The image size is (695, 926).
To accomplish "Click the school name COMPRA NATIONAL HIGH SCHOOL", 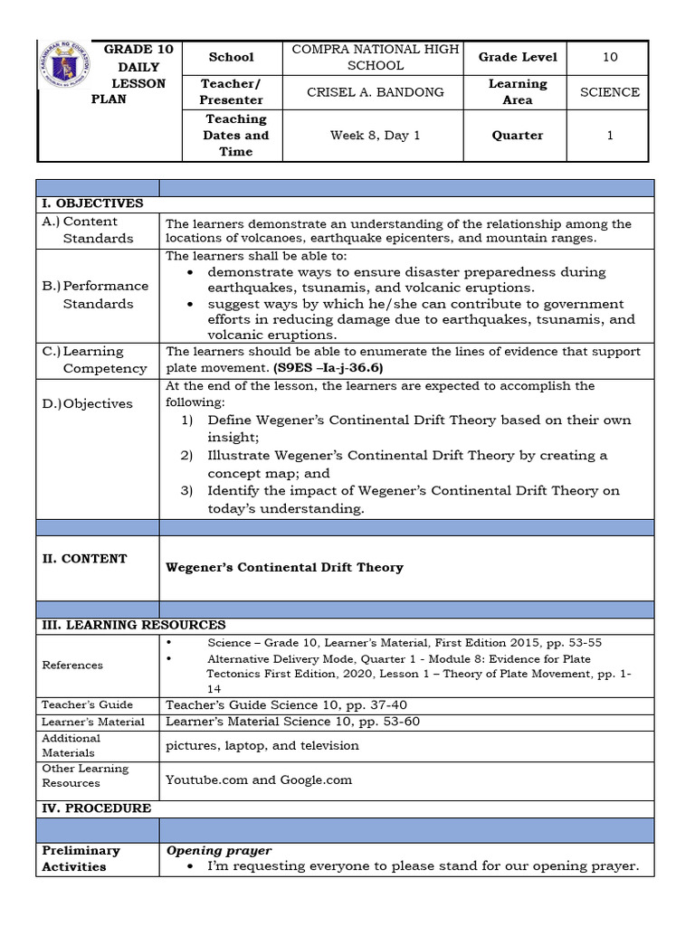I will tap(376, 57).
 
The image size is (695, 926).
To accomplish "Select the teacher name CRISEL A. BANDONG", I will tap(376, 92).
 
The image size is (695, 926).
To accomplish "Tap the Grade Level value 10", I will tap(610, 57).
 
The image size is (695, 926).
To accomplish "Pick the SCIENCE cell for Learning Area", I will tap(610, 92).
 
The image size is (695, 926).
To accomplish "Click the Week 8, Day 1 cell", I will tap(376, 136).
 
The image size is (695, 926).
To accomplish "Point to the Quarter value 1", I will tap(610, 136).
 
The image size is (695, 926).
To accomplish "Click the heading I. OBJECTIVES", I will tap(91, 203).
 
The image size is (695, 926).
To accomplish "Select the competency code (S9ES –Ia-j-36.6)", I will tap(323, 368).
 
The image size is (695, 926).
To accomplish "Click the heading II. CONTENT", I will tap(84, 559).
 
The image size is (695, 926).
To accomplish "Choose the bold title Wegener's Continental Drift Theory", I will tap(284, 568).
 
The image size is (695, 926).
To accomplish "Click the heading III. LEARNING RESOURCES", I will tap(132, 625).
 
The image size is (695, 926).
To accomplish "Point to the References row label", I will tap(72, 665).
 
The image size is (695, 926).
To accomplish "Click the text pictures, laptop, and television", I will tap(262, 745).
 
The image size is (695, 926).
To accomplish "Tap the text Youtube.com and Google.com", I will tap(259, 780).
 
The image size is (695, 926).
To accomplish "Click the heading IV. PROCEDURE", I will tap(97, 808).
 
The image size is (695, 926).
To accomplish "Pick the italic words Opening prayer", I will tap(219, 851).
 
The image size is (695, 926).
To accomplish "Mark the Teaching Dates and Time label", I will tap(236, 136).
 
